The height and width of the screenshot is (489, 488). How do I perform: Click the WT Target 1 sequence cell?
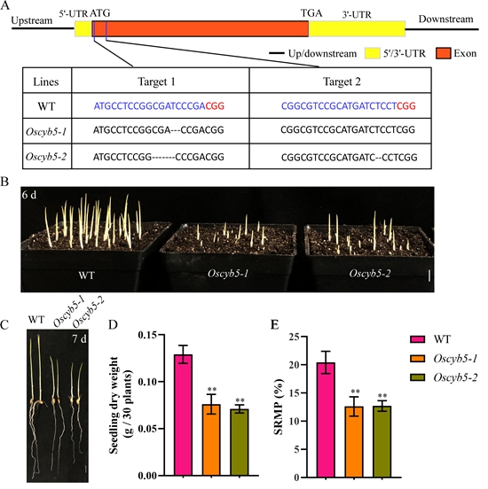(161, 105)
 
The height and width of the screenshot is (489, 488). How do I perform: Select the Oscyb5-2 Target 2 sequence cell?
(341, 157)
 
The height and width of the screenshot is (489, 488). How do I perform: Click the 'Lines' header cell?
(46, 81)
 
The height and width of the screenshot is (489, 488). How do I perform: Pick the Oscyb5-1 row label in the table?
(46, 132)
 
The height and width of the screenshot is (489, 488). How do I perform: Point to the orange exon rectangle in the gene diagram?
(201, 28)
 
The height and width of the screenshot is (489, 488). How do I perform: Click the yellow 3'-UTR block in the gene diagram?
(357, 28)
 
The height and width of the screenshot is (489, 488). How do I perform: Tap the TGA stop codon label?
(311, 13)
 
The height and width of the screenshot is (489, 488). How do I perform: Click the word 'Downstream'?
(445, 19)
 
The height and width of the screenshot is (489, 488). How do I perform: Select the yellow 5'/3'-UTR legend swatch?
(373, 53)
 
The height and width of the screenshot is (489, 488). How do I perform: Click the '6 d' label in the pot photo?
(29, 195)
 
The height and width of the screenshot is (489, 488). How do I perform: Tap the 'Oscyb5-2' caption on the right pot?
(370, 274)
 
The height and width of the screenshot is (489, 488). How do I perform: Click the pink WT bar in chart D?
(184, 415)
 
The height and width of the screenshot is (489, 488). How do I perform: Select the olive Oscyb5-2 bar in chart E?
(382, 441)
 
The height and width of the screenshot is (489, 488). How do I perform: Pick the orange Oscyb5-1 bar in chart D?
(211, 439)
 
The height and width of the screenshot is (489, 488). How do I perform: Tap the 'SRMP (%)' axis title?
(279, 407)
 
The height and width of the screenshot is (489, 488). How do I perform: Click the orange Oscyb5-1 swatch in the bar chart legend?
(418, 359)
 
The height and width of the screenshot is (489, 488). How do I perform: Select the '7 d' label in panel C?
(79, 338)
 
